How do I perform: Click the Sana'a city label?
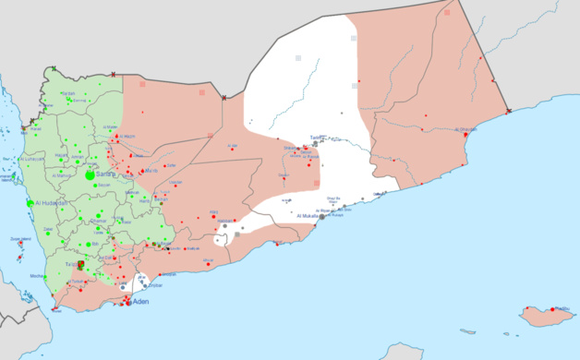point(106,174)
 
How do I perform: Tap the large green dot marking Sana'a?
point(91,174)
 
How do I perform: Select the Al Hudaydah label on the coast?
point(54,202)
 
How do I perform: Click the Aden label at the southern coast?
point(140,302)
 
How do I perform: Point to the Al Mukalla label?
point(314,215)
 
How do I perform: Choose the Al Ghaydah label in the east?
point(469,130)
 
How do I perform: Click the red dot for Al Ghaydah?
point(460,135)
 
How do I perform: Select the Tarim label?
point(318,137)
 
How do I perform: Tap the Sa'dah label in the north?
point(68,94)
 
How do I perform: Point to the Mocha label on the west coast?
point(36,276)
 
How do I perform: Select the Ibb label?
point(94,244)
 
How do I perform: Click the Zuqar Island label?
point(20,239)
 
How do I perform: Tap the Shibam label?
point(289,147)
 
